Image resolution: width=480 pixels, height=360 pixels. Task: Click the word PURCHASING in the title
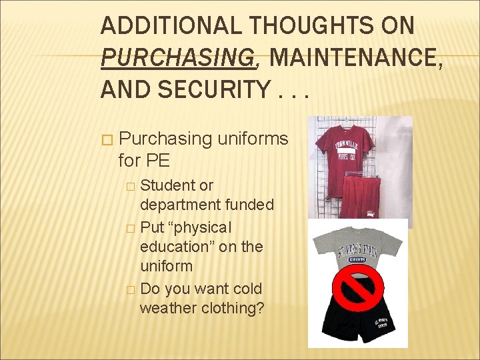point(178,58)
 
